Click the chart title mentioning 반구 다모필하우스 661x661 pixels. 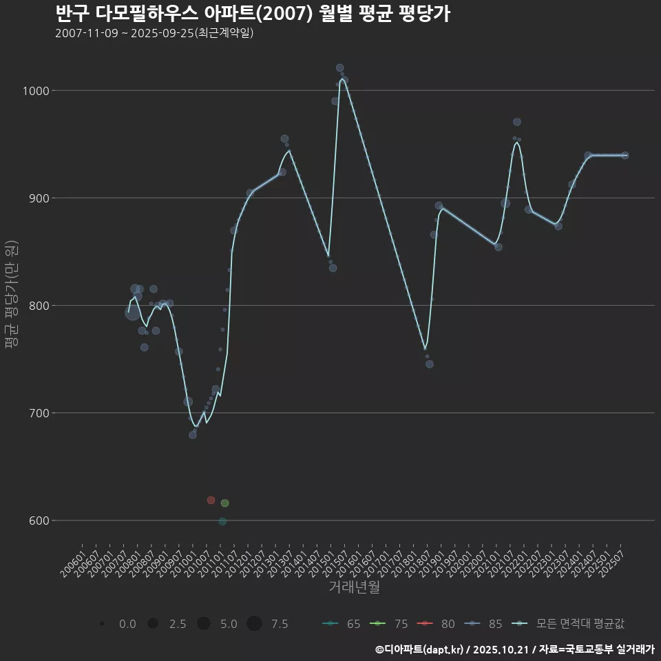tap(252, 14)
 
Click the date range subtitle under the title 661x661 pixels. tap(155, 33)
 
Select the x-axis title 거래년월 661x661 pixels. tap(354, 587)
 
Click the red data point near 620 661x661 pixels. tap(211, 500)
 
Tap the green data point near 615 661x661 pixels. tap(224, 503)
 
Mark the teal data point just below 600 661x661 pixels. tap(222, 521)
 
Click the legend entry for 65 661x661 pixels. tap(342, 624)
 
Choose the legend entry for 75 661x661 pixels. tap(389, 624)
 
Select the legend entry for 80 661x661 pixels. tap(436, 624)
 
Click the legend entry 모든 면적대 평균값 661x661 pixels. tap(569, 624)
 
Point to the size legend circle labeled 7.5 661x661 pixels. tap(254, 624)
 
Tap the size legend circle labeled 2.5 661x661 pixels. tap(153, 624)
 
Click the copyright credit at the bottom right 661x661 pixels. tap(514, 649)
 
